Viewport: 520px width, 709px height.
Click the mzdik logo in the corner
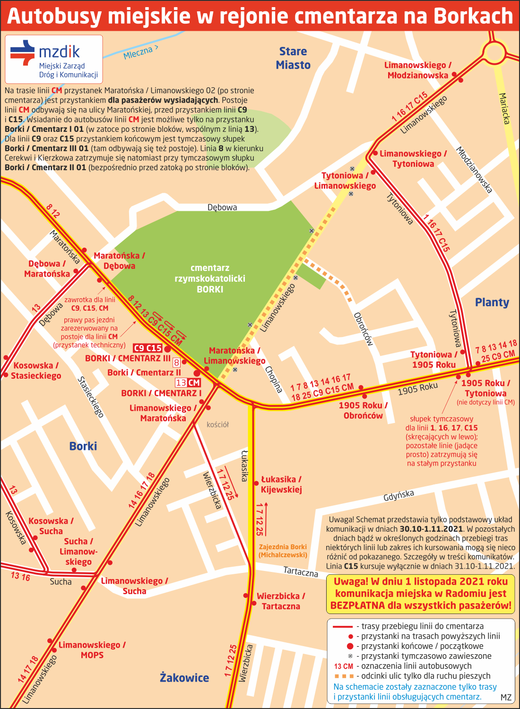53,59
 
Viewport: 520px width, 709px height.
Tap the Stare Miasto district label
293,58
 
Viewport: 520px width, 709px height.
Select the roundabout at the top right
494,52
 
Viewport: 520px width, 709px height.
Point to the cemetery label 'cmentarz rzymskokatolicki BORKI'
210,278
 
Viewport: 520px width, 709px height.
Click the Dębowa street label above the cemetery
222,207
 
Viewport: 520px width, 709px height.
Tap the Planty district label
492,303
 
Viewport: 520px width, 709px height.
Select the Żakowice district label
184,678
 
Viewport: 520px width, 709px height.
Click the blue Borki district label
83,446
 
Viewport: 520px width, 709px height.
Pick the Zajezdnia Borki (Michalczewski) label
283,551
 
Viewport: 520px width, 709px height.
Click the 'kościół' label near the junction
217,424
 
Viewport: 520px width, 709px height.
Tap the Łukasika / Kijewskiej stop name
281,484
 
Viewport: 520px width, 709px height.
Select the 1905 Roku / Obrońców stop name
363,410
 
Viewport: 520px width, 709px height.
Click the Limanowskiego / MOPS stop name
92,650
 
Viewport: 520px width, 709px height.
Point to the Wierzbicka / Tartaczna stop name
281,601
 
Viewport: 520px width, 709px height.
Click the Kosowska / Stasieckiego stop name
36,371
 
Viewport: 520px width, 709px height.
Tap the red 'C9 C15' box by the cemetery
148,348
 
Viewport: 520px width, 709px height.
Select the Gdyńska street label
399,495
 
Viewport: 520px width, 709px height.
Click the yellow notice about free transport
420,593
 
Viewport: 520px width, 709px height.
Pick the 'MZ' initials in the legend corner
505,697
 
